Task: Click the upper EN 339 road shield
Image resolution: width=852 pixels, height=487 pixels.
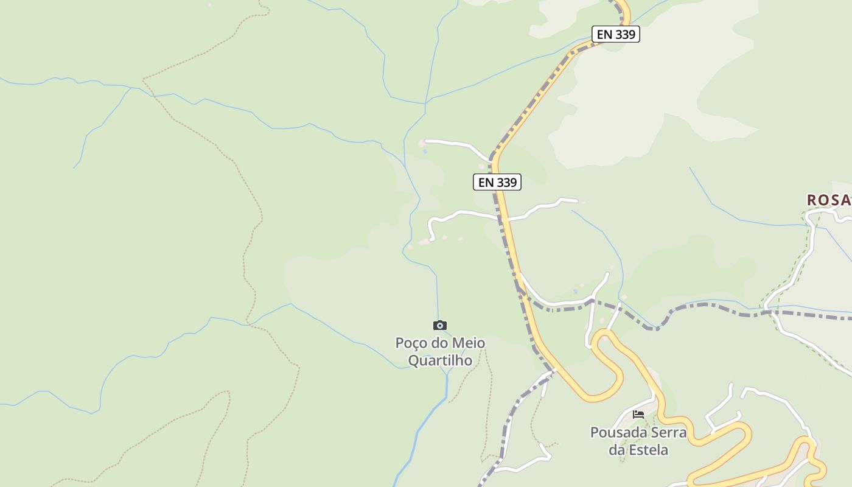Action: click(x=616, y=35)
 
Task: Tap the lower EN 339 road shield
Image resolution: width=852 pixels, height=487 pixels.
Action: click(x=497, y=182)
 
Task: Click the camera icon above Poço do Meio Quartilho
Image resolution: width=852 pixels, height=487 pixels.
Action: click(x=439, y=326)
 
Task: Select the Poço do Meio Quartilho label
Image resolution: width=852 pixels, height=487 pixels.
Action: click(x=440, y=351)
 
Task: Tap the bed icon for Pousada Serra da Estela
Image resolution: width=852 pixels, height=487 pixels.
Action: click(x=638, y=415)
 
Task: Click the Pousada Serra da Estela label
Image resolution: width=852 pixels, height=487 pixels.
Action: click(x=638, y=441)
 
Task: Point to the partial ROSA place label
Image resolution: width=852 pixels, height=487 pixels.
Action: click(x=829, y=200)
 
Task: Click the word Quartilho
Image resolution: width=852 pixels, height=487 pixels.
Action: click(x=440, y=360)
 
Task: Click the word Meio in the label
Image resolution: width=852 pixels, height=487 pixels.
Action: click(x=469, y=343)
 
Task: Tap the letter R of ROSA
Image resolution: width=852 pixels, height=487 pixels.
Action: click(x=812, y=200)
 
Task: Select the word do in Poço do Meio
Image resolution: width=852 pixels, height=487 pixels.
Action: click(x=439, y=343)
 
